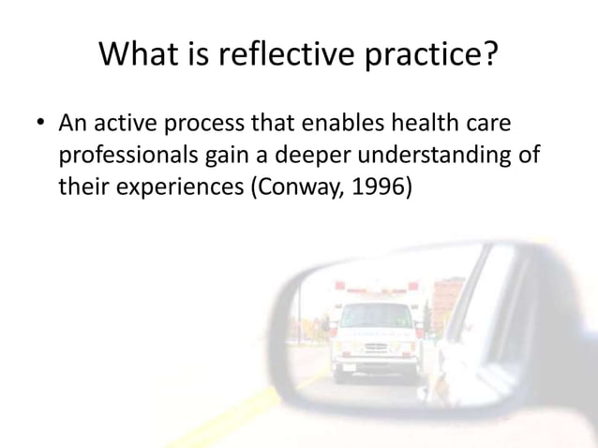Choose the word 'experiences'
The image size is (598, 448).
pyautogui.click(x=175, y=187)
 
